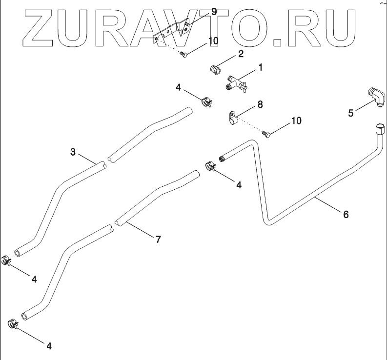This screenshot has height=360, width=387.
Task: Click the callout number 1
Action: point(260,67)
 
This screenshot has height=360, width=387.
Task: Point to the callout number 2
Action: point(241,55)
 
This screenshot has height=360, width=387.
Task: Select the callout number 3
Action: point(73,152)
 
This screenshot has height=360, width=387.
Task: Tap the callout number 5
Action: point(350,113)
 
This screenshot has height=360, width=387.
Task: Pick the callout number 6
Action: point(346,214)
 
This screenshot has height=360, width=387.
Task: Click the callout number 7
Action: point(158,239)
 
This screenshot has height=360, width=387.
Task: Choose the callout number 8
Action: point(260,104)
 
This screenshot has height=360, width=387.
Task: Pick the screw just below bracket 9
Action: point(183,54)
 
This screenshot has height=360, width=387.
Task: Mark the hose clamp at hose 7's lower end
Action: point(14,323)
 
